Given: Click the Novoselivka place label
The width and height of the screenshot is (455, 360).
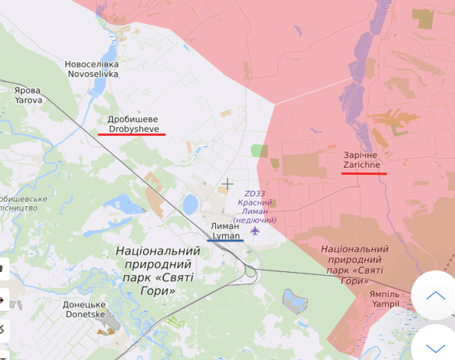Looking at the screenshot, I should tap(92, 69).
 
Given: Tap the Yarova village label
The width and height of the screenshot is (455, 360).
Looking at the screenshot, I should tap(28, 95).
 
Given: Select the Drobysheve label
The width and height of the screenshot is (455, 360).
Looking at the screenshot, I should tap(133, 124).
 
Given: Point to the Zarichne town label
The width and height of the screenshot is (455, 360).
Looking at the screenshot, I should tap(362, 160).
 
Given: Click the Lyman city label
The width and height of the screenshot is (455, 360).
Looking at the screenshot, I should tap(225, 231).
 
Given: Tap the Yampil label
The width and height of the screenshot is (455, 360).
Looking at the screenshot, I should tap(384, 299).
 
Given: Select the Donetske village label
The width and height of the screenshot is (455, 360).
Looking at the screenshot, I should tap(84, 309).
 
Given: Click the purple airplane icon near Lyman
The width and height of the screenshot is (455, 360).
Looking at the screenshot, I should tap(255, 231).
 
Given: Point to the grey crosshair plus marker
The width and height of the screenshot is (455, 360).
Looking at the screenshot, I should tap(228, 183).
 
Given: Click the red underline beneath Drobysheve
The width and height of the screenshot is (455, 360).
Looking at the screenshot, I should tap(132, 134).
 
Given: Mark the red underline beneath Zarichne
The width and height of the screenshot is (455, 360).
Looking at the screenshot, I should tap(364, 174).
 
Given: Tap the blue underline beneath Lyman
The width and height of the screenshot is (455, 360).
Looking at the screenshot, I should tap(225, 240).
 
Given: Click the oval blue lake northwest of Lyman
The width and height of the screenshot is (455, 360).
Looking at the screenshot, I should tap(191, 204).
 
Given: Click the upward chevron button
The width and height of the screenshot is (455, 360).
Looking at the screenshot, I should tap(435, 296).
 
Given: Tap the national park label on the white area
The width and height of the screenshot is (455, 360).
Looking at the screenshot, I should tap(158, 270).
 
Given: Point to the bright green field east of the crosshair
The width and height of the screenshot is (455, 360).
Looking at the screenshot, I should tap(259, 151).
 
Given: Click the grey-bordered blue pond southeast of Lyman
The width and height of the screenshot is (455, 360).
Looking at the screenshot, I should tap(295, 302).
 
